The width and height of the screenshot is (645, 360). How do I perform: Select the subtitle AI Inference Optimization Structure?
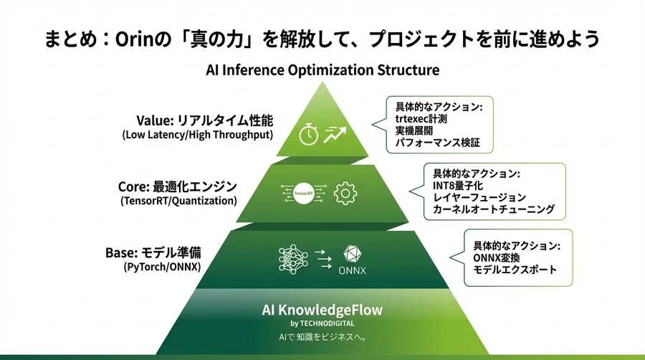[322, 70]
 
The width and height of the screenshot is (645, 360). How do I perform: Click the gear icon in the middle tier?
[345, 193]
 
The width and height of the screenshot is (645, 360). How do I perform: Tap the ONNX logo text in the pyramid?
[353, 269]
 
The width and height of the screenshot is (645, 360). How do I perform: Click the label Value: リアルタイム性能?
[205, 120]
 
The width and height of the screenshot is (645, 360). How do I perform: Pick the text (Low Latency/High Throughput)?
[198, 134]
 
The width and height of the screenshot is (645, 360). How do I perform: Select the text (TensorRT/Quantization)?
[178, 201]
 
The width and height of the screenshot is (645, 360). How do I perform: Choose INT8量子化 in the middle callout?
[459, 185]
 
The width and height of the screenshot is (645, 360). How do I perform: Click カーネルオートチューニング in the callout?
[493, 209]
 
